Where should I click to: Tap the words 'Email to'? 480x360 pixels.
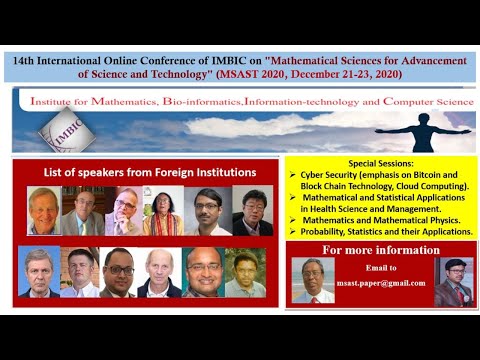381,268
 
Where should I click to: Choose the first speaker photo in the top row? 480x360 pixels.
43,210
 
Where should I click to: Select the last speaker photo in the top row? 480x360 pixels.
252,210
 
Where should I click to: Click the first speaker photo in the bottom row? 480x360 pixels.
38,272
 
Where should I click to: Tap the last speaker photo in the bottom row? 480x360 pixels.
245,272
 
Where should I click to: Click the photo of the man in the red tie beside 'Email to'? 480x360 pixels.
311,281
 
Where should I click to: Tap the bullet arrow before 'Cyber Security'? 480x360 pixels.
291,173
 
